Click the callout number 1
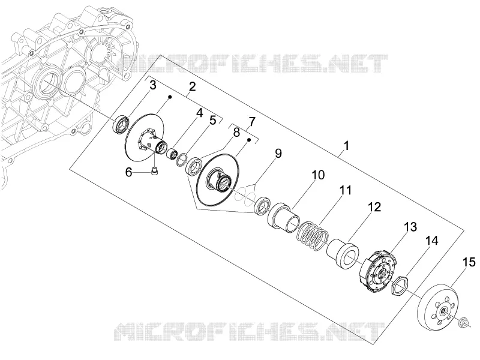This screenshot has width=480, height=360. (346, 146)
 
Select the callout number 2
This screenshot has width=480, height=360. (192, 86)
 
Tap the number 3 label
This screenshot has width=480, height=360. (153, 85)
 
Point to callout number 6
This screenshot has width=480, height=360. (128, 172)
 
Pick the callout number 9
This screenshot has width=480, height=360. (278, 154)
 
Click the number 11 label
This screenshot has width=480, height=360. (346, 190)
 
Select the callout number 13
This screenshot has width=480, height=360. (410, 227)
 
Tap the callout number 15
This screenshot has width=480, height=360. (469, 262)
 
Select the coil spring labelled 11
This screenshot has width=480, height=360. (312, 234)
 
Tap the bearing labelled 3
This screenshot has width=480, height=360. (121, 124)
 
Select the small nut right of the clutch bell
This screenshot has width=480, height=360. (462, 322)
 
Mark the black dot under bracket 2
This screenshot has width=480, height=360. (170, 97)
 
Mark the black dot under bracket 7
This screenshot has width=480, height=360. (249, 140)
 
